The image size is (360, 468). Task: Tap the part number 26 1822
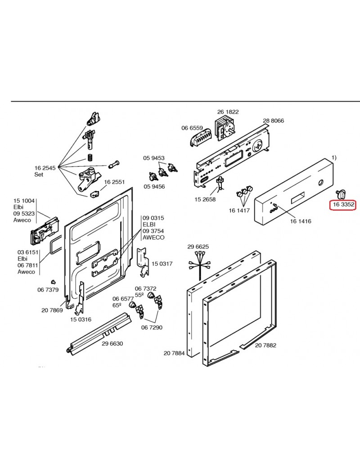[x=228, y=112]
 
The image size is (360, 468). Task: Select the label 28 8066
[x=273, y=121]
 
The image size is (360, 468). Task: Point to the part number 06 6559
[x=192, y=128]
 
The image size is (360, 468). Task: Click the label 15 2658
[x=204, y=199]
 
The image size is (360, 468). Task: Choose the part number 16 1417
[x=239, y=210]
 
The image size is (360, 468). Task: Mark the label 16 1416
[x=300, y=221]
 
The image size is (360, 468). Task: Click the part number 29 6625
[x=198, y=247]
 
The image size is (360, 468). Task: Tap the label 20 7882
[x=265, y=345]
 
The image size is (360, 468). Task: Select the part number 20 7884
[x=174, y=354]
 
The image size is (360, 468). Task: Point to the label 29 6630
[x=112, y=343]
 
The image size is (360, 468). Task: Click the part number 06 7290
[x=152, y=327]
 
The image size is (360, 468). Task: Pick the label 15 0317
[x=162, y=264]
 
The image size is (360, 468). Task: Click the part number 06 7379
[x=48, y=290]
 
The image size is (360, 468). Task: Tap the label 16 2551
[x=114, y=182]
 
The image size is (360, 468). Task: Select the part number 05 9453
[x=154, y=158]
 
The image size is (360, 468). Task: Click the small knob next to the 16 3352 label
[x=340, y=194]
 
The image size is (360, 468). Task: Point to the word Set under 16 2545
[x=39, y=175]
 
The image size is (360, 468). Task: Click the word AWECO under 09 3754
[x=153, y=238]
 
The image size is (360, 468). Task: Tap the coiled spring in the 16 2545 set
[x=90, y=158]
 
